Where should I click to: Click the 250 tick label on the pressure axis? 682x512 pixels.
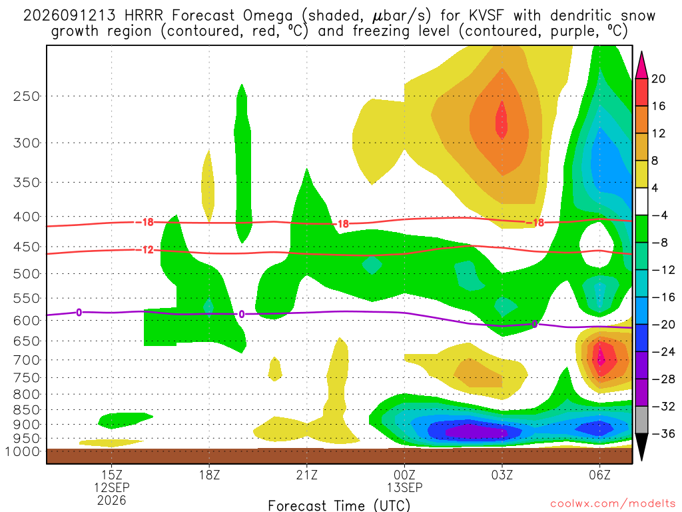pyautogui.click(x=26, y=96)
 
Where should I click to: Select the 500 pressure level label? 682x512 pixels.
pyautogui.click(x=26, y=274)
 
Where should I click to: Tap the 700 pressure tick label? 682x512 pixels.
pyautogui.click(x=26, y=360)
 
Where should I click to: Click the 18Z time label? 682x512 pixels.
pyautogui.click(x=209, y=475)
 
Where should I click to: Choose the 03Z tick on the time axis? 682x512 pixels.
pyautogui.click(x=502, y=475)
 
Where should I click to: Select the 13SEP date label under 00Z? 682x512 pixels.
pyautogui.click(x=404, y=487)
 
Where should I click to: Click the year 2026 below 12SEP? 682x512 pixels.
pyautogui.click(x=112, y=501)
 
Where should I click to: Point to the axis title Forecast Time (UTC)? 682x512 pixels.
pyautogui.click(x=339, y=505)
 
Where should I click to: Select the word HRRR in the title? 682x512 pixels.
pyautogui.click(x=144, y=16)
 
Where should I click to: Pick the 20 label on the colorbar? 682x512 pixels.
pyautogui.click(x=659, y=79)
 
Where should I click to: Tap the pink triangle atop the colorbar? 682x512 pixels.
pyautogui.click(x=641, y=65)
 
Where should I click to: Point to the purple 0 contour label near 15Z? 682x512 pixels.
pyautogui.click(x=79, y=313)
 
